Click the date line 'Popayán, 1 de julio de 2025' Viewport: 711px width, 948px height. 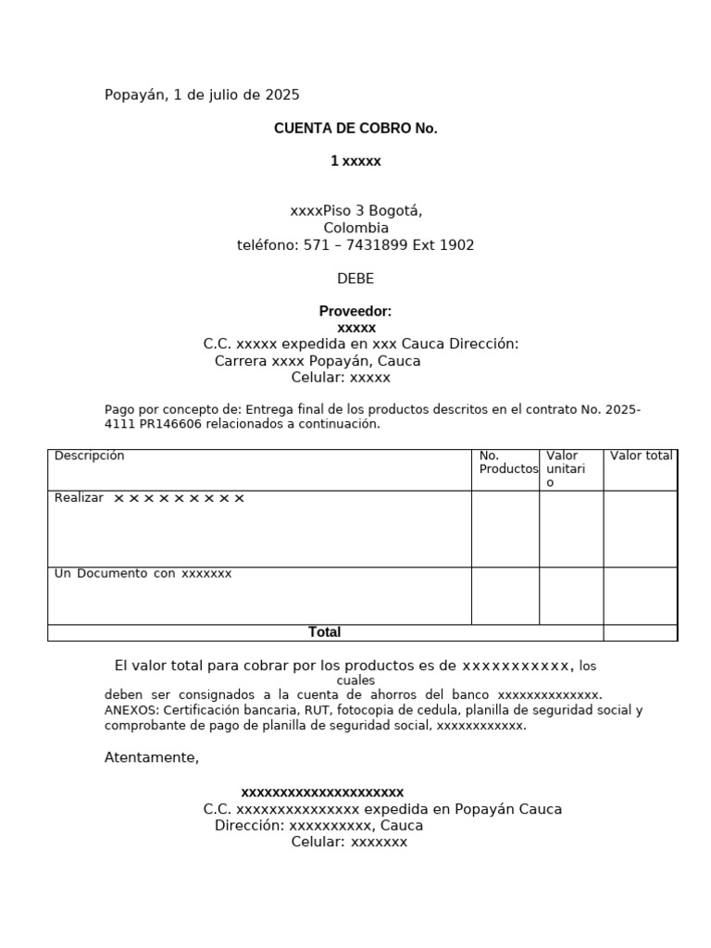click(202, 94)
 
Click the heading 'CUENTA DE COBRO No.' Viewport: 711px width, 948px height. click(355, 129)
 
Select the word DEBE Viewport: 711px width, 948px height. click(355, 279)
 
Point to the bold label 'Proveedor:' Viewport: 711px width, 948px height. click(355, 311)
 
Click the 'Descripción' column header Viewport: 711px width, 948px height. click(89, 455)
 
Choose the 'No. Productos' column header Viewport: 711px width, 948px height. click(507, 462)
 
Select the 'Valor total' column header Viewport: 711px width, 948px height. click(641, 455)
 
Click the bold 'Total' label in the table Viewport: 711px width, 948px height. click(324, 632)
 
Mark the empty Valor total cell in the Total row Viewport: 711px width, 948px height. click(640, 633)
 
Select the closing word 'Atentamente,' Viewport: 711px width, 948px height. click(152, 757)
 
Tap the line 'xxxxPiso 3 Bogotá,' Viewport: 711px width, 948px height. click(355, 211)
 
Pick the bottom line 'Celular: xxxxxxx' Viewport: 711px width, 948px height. click(349, 842)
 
